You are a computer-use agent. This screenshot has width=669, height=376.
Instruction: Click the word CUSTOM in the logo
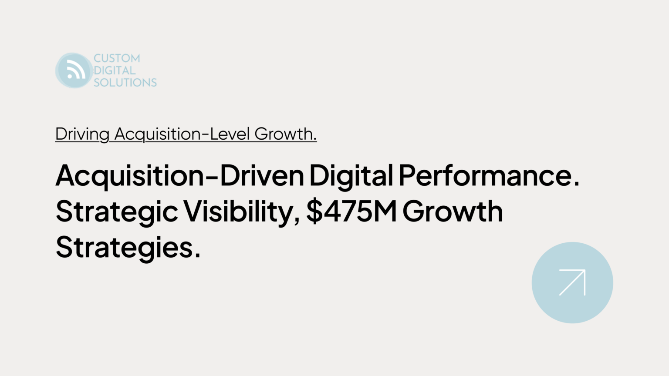pyautogui.click(x=117, y=58)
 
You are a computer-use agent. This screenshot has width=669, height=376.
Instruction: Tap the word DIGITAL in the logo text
pyautogui.click(x=115, y=70)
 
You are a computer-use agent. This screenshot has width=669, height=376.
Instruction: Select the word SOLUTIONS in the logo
pyautogui.click(x=125, y=82)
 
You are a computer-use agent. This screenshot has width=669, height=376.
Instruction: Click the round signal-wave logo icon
pyautogui.click(x=74, y=70)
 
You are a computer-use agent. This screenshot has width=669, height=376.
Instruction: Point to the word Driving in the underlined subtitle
pyautogui.click(x=82, y=134)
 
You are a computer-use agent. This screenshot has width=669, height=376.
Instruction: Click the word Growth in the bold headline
pyautogui.click(x=453, y=211)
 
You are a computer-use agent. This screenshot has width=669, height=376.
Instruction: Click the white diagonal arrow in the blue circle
pyautogui.click(x=572, y=282)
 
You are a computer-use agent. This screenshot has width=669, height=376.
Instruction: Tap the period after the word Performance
pyautogui.click(x=576, y=184)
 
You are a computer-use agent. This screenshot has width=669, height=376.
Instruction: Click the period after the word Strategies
pyautogui.click(x=197, y=255)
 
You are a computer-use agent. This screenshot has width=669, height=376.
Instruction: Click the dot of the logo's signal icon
pyautogui.click(x=70, y=76)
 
